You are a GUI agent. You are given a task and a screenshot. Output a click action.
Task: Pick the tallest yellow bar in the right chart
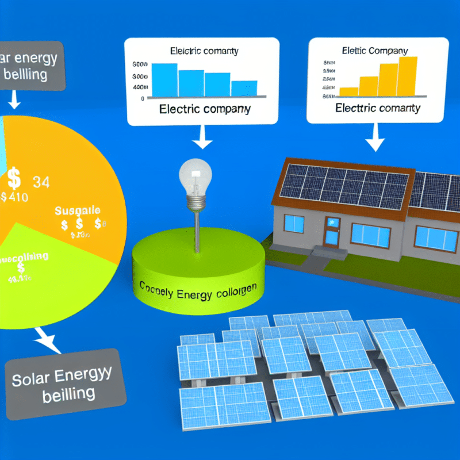408,75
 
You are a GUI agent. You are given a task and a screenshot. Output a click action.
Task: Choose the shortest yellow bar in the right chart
349,91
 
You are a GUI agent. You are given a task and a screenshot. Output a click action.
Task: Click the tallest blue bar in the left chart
164,79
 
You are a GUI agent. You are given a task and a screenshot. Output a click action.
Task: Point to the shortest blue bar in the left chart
244,87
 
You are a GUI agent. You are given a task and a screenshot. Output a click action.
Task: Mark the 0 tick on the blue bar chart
142,98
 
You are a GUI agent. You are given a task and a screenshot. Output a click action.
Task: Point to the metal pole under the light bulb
195,230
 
